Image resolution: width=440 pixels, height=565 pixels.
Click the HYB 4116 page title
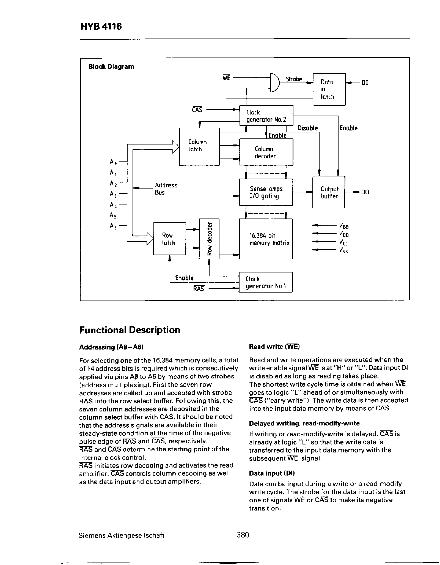(101, 27)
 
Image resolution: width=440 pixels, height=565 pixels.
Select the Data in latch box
(329, 89)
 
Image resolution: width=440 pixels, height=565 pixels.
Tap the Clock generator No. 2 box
(266, 116)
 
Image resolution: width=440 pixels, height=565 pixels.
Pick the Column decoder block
(266, 152)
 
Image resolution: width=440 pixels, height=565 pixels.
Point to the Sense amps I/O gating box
(266, 192)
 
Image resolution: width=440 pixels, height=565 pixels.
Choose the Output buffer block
(329, 192)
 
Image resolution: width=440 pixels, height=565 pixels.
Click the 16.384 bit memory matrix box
(266, 239)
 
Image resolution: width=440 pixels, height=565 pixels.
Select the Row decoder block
(209, 239)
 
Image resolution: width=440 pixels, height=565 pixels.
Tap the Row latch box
(169, 239)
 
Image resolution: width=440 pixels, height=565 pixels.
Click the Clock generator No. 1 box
(265, 282)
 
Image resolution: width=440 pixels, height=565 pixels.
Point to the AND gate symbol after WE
(274, 83)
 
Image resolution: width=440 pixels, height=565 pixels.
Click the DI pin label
(365, 83)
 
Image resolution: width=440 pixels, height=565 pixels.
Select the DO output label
(365, 192)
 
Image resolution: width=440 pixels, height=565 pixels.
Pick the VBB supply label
(344, 226)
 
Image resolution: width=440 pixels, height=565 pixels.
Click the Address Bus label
(166, 189)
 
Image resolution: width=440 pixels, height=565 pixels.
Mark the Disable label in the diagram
(307, 128)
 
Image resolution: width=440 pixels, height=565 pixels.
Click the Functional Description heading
(130, 330)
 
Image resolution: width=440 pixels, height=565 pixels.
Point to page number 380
(243, 535)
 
